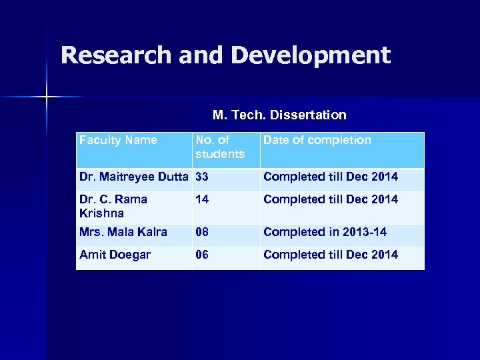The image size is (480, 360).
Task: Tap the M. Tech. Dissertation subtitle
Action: pyautogui.click(x=279, y=115)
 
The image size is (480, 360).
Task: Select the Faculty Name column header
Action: pyautogui.click(x=118, y=140)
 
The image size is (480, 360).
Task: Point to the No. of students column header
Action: pyautogui.click(x=219, y=147)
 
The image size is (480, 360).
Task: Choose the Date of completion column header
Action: pyautogui.click(x=317, y=140)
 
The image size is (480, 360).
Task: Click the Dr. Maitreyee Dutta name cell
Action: pyautogui.click(x=133, y=177)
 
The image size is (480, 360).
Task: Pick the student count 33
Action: pyautogui.click(x=202, y=177)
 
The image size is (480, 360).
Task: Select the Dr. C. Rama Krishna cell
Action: pyautogui.click(x=113, y=206)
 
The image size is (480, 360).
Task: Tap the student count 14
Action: pyautogui.click(x=202, y=199)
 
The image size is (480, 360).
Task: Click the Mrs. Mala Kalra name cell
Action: pyautogui.click(x=123, y=232)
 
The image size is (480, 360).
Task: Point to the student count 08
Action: pyautogui.click(x=202, y=232)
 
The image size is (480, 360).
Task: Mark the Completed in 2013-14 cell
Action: pyautogui.click(x=325, y=232)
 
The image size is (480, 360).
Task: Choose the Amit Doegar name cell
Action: pyautogui.click(x=115, y=255)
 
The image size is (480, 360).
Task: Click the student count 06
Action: pyautogui.click(x=202, y=255)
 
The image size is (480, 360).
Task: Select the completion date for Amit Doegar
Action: pyautogui.click(x=331, y=255)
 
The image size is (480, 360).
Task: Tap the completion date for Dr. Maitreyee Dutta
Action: pyautogui.click(x=331, y=177)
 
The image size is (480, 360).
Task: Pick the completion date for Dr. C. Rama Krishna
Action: pyautogui.click(x=331, y=199)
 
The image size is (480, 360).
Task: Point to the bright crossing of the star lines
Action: pyautogui.click(x=47, y=97)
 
